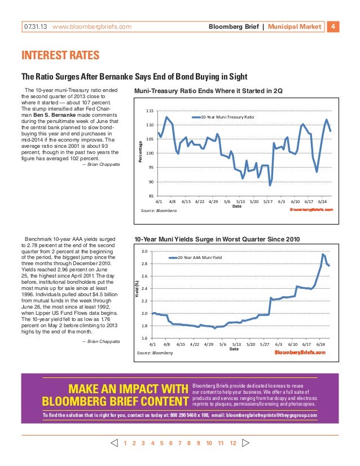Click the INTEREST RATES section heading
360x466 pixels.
click(60, 55)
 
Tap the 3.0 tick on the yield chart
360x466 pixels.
click(144, 252)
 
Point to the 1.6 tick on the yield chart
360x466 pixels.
click(144, 338)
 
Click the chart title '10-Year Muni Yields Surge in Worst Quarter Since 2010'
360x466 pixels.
click(217, 239)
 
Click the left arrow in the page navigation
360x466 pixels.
click(114, 443)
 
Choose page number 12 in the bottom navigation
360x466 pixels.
click(232, 443)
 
